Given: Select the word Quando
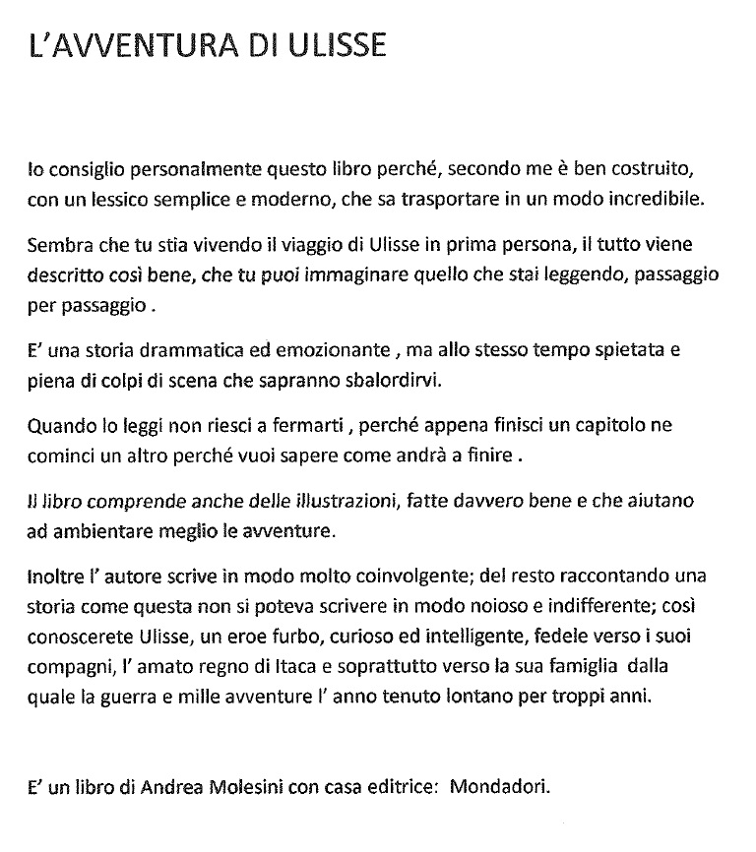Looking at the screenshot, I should (x=57, y=428).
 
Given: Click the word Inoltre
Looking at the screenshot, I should (x=56, y=577).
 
